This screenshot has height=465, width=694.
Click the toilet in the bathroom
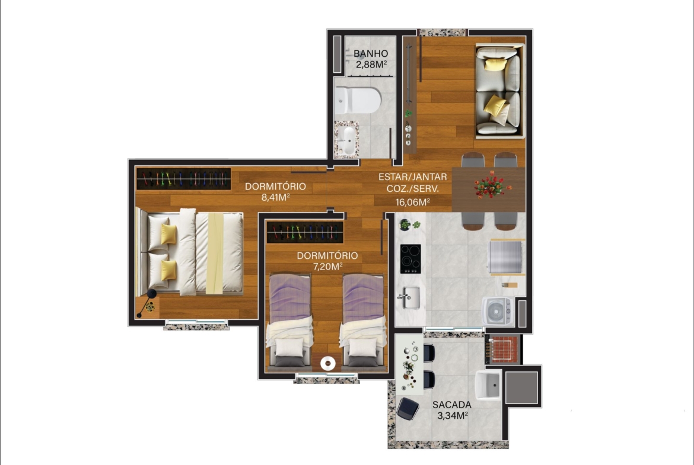358,101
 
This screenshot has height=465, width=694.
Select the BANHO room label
371,53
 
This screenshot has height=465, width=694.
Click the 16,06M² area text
412,202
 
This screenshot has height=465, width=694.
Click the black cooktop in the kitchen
410,259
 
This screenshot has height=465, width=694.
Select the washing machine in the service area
498,312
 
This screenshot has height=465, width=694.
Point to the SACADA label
452,405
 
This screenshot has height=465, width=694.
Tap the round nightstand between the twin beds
328,363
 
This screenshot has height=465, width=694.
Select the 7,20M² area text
327,266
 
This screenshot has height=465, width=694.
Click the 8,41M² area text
275,197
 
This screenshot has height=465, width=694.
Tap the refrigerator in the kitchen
507,256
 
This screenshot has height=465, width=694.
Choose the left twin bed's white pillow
289,347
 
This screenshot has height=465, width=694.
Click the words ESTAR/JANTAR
412,177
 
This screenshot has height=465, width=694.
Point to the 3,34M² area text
453,415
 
